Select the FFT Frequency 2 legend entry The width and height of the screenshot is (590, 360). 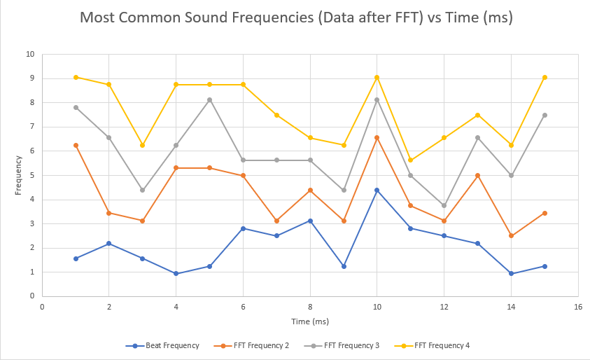point(258,345)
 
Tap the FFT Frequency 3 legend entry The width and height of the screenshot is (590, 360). point(350,345)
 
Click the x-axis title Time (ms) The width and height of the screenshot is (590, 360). point(309,321)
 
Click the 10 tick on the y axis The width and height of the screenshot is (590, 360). point(29,54)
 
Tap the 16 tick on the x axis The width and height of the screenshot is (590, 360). point(577,307)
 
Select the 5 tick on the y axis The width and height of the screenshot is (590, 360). point(31,175)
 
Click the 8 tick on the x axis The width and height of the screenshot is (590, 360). point(310,307)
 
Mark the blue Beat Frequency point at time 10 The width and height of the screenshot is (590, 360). point(377,190)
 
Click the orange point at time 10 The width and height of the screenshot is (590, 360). point(377,137)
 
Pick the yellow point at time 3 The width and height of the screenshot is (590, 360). point(142,145)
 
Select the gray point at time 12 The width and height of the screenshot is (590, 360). point(444,205)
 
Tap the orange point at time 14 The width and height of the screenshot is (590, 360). point(511,235)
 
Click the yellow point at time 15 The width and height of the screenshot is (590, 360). point(545,77)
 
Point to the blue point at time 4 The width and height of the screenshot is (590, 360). point(176,273)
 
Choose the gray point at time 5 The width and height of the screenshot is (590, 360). point(209,99)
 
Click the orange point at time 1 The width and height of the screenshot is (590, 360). point(76,145)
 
